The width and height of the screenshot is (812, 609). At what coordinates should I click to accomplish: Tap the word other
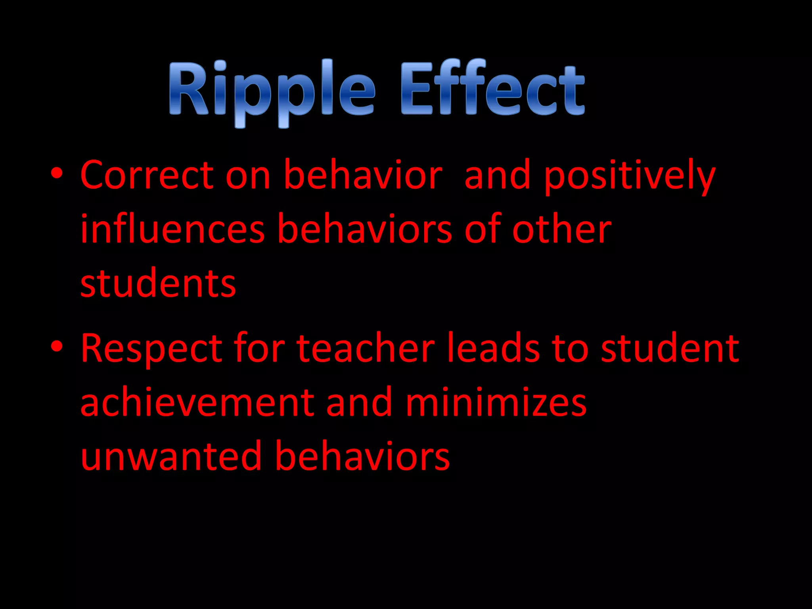click(562, 230)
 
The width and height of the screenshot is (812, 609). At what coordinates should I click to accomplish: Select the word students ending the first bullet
click(158, 283)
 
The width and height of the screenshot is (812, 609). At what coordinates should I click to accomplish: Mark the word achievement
click(197, 403)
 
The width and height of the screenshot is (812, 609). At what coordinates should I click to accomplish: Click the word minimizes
click(496, 403)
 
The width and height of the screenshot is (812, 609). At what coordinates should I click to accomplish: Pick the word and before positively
click(497, 176)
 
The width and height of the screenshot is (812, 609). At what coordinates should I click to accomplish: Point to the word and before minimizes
click(359, 403)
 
